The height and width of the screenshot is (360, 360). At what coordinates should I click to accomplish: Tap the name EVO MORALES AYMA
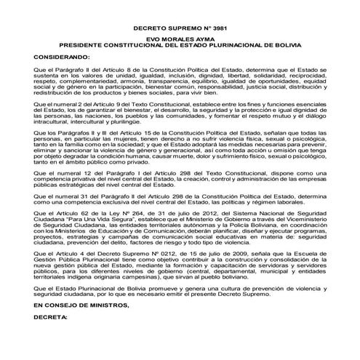click(179, 39)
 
